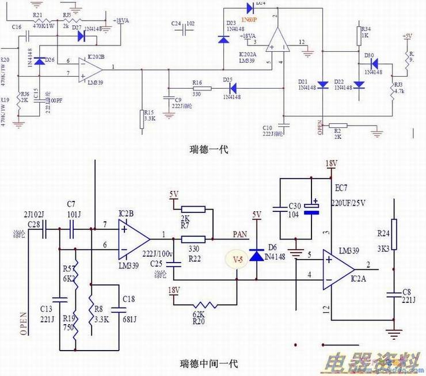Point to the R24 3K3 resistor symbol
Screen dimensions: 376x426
coord(394,228)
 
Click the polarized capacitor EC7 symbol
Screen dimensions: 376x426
coord(313,207)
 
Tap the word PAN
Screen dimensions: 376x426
coord(241,234)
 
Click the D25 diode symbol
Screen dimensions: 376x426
coord(233,89)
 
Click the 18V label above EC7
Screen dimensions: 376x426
coord(330,164)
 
